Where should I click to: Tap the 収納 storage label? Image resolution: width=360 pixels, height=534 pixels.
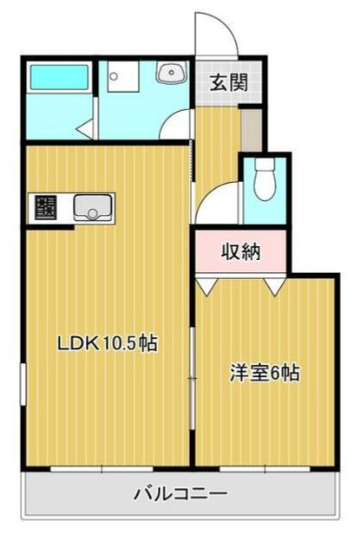tap(239, 252)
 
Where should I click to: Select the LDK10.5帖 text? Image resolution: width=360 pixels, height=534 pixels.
tap(107, 343)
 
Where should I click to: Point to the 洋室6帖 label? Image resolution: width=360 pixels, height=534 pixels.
tap(265, 374)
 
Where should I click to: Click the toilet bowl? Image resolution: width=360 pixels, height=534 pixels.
tap(265, 179)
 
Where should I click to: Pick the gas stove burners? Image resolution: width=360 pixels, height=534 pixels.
tap(43, 208)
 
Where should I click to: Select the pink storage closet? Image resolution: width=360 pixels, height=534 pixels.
tap(239, 252)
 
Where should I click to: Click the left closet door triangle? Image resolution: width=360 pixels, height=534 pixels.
tap(206, 285)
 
